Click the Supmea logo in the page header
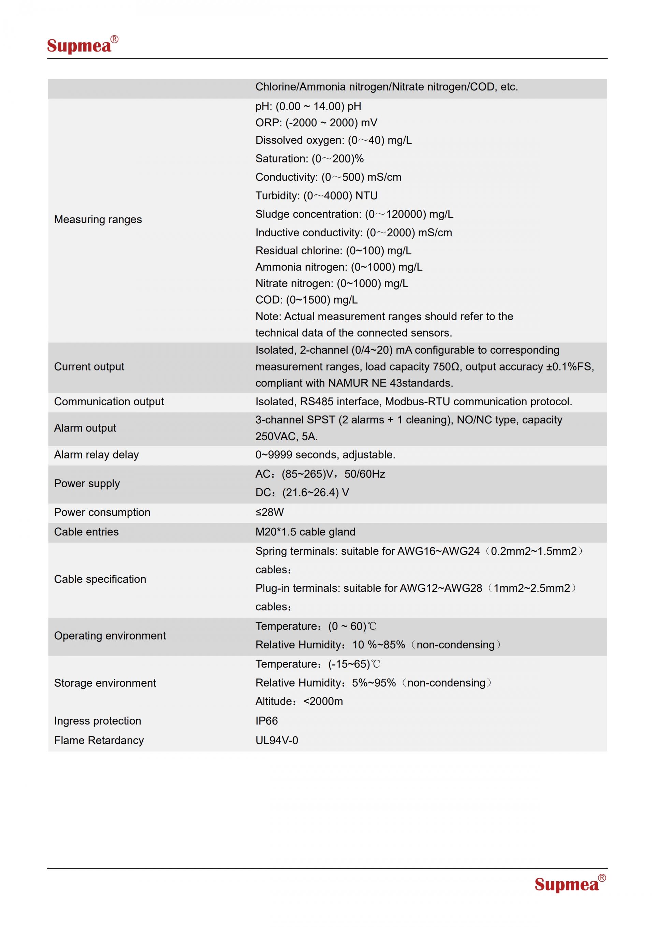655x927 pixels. coord(82,45)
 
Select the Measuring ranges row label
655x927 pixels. coord(98,219)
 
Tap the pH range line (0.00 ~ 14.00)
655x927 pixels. coord(308,106)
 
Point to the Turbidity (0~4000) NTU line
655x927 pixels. coord(316,196)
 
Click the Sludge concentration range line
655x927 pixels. coord(354,214)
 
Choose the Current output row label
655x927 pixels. coord(89,367)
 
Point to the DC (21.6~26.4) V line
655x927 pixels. coord(302,493)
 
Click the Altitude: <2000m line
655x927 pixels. coord(299,701)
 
